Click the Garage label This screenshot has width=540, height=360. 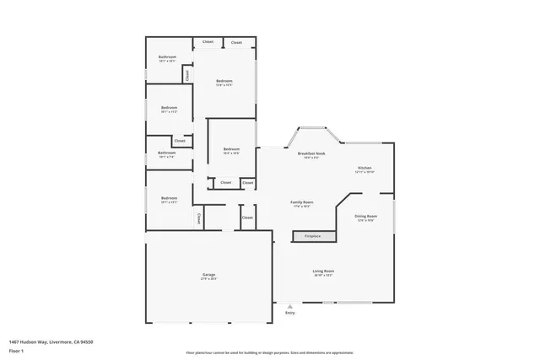point(208,274)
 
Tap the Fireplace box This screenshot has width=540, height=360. point(312,236)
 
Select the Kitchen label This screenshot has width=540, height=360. point(365,168)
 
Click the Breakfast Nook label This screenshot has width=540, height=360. point(310,153)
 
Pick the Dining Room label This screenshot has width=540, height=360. point(365,216)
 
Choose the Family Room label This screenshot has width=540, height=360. point(302,202)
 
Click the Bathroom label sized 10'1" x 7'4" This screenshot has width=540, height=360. point(166,153)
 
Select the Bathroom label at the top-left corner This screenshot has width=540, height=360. point(167,56)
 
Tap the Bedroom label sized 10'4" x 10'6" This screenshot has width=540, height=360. point(230,149)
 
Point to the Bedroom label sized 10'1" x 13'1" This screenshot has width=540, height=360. point(169,198)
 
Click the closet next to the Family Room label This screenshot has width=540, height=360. point(247,218)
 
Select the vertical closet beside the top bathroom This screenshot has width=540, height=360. point(186,74)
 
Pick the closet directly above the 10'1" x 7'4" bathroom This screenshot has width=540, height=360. point(180,141)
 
